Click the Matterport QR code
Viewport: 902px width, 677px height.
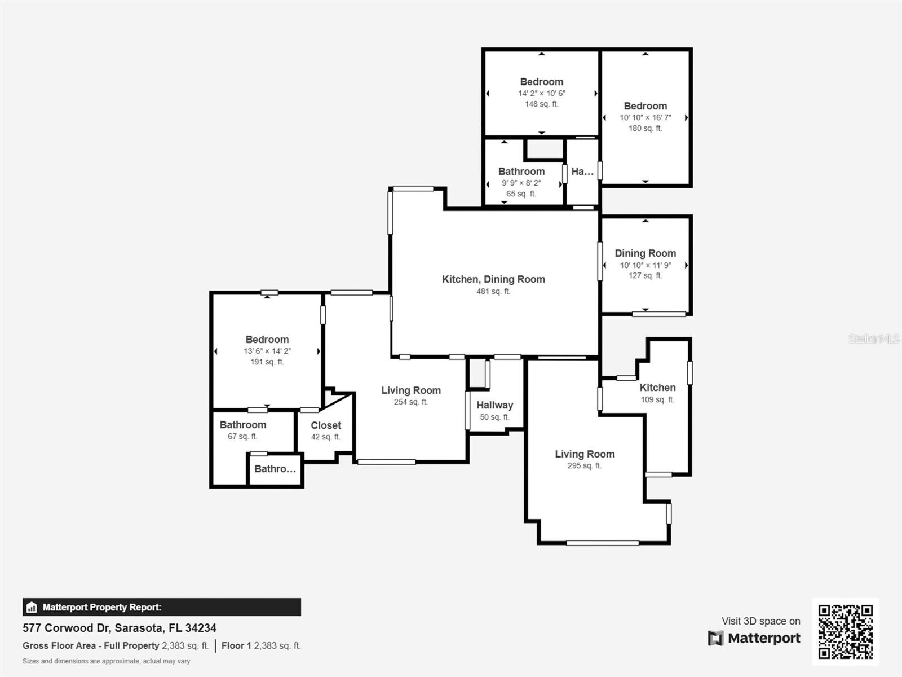click(x=845, y=631)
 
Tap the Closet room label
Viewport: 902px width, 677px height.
click(x=326, y=425)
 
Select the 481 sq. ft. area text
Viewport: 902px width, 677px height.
click(x=493, y=292)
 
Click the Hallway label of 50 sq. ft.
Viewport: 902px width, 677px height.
click(x=494, y=405)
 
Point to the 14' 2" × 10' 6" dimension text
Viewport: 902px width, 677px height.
click(x=542, y=94)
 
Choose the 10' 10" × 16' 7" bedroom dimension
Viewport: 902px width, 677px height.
click(x=645, y=118)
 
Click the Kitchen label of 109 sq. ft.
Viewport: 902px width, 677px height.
click(x=657, y=388)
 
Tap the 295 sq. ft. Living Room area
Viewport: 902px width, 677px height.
click(x=584, y=466)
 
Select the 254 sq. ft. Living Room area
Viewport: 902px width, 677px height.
click(x=410, y=402)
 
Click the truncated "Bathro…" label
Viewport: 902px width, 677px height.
click(x=275, y=469)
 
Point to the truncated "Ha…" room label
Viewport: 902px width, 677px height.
click(x=582, y=172)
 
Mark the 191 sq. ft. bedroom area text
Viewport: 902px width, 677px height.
click(x=267, y=362)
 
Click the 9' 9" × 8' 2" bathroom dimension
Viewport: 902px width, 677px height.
click(x=521, y=183)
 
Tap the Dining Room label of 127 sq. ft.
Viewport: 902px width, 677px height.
click(x=645, y=253)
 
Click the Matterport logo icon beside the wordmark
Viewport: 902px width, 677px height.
click(x=715, y=638)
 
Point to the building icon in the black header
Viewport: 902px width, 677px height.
click(x=32, y=608)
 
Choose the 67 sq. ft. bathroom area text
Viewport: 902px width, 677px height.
click(x=242, y=437)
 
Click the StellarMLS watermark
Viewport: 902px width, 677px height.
click(x=874, y=338)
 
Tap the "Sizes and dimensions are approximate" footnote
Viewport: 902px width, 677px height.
click(x=107, y=661)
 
